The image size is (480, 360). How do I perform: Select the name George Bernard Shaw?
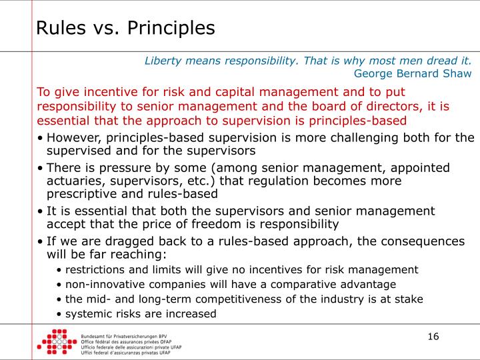(413, 73)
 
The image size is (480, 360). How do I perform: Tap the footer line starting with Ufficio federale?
(131, 347)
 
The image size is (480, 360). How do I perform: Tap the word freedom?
(243, 224)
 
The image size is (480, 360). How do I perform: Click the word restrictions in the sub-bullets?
(97, 269)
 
